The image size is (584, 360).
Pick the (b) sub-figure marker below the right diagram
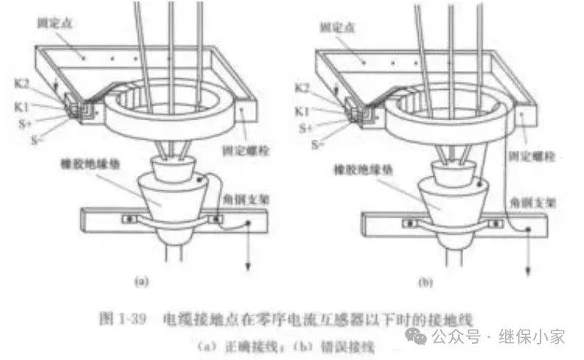425,281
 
